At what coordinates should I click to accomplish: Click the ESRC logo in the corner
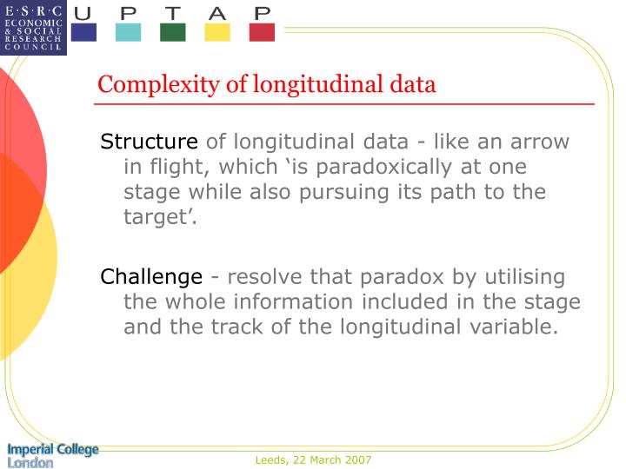(x=33, y=27)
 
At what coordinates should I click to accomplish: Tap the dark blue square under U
(x=83, y=33)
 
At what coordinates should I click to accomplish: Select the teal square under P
(x=128, y=33)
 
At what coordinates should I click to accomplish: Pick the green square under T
(x=172, y=33)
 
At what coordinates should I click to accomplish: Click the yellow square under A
(x=217, y=33)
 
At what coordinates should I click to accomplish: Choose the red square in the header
(x=262, y=33)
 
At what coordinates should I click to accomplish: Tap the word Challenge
(x=151, y=277)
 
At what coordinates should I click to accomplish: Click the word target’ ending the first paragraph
(x=161, y=216)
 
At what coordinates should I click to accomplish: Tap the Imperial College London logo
(x=53, y=455)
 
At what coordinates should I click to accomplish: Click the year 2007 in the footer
(x=356, y=459)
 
